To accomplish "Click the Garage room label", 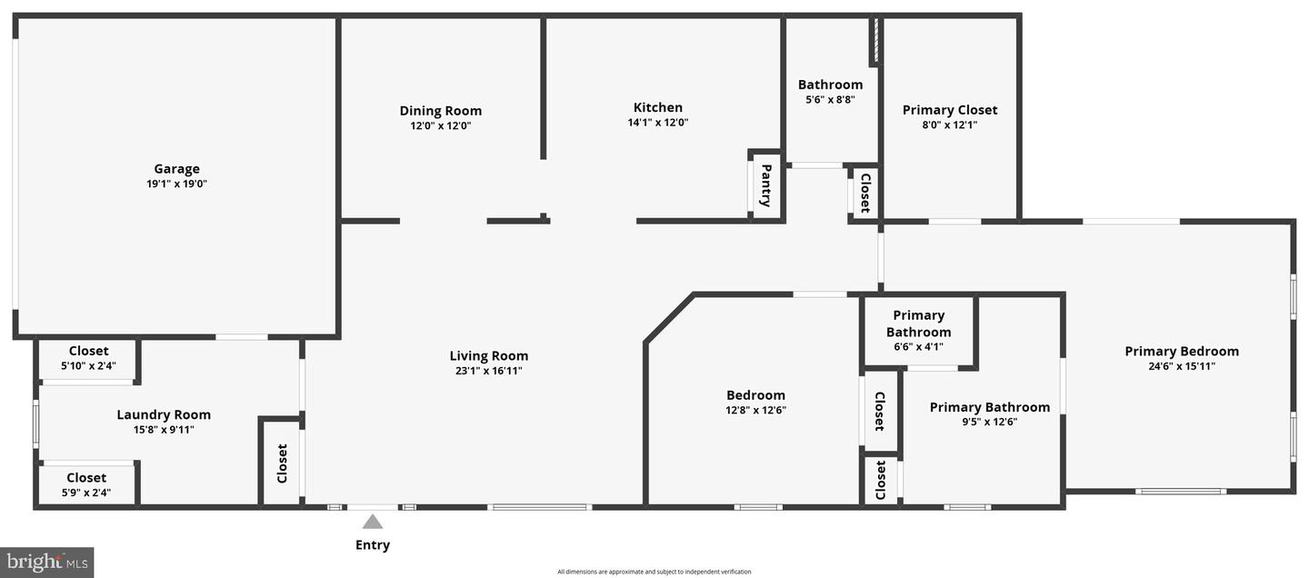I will [x=176, y=168].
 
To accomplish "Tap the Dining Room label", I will [x=441, y=111].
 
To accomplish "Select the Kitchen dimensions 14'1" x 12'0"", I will [x=658, y=123].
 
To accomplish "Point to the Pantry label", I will [x=766, y=185].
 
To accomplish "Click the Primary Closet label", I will [x=950, y=110].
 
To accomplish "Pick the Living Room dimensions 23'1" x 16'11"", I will [x=489, y=371].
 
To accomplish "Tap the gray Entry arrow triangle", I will [x=373, y=522].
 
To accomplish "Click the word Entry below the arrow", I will [x=373, y=545].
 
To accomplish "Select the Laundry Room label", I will [x=164, y=414].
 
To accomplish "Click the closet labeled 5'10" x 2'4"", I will [x=88, y=366].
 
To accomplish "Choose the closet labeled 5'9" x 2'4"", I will [x=86, y=493].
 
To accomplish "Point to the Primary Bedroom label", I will [x=1182, y=351].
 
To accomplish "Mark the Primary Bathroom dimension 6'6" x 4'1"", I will [x=919, y=346].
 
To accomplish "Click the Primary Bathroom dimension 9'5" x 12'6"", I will [x=990, y=422].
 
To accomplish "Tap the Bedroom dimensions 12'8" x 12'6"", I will [x=755, y=410].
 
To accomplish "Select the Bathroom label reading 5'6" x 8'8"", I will [x=830, y=100].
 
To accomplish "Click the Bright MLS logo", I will [x=47, y=563].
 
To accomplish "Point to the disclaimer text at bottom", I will [x=654, y=572].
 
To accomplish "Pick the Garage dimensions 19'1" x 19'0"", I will [x=176, y=184].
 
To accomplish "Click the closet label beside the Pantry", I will [x=865, y=192].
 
